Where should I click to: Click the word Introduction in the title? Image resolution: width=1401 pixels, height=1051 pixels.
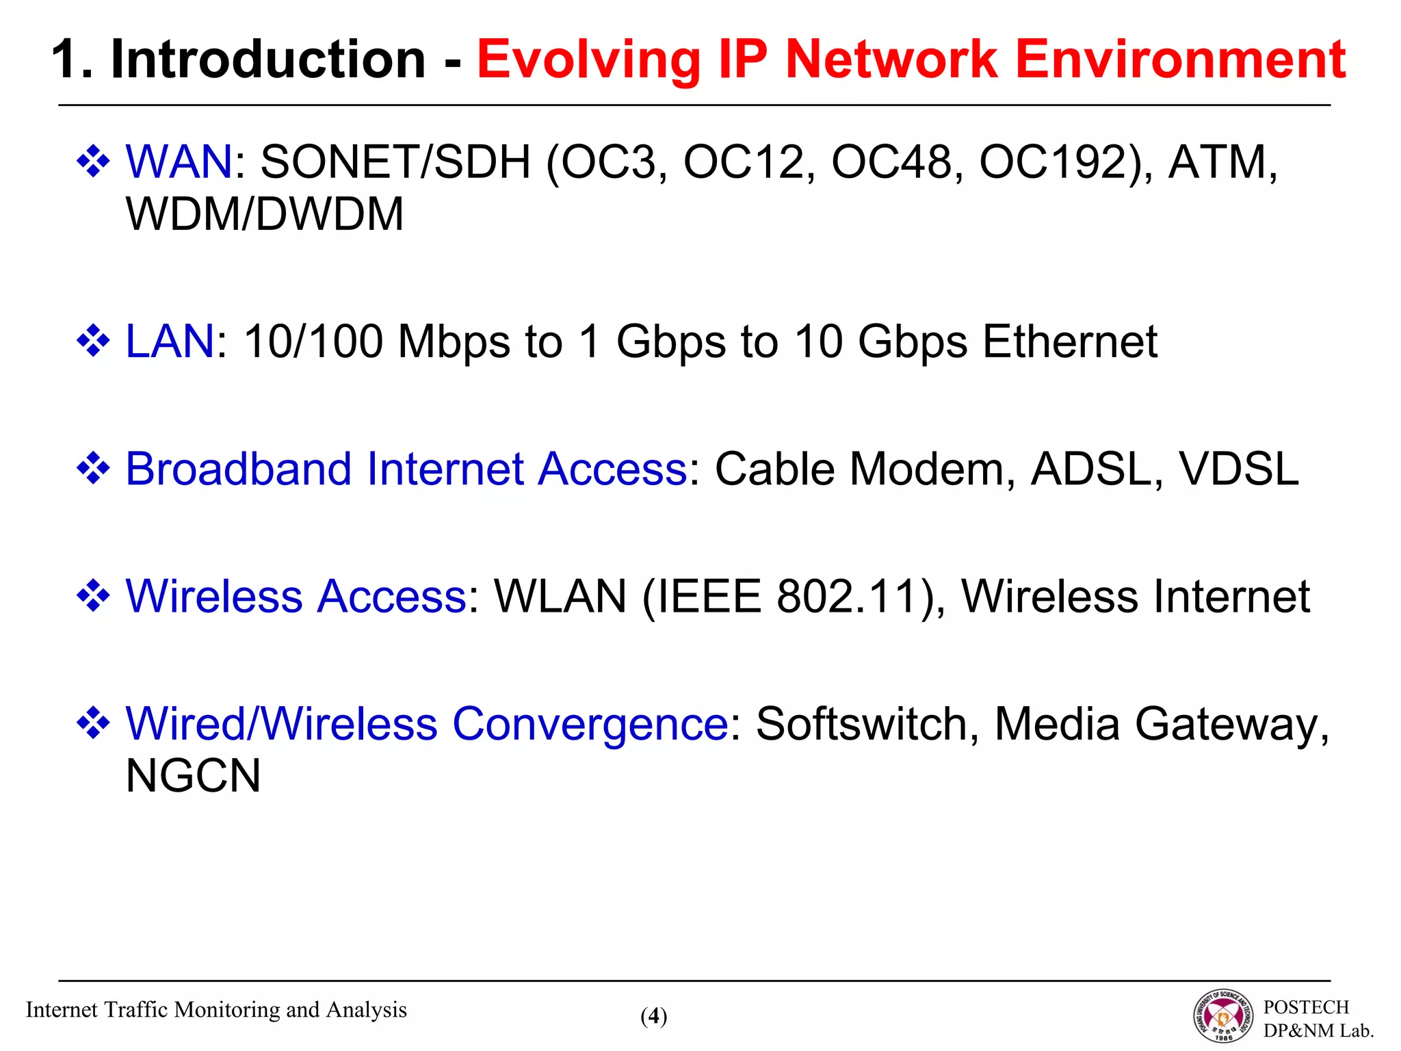click(268, 60)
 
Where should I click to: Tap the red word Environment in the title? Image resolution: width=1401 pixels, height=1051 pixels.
click(1181, 60)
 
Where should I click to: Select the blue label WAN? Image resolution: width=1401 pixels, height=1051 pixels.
click(179, 162)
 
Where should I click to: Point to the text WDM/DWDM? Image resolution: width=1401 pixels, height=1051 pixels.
click(265, 214)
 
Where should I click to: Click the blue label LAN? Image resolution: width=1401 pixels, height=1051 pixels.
click(170, 341)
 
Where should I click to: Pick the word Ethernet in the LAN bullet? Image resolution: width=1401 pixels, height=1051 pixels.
click(1070, 341)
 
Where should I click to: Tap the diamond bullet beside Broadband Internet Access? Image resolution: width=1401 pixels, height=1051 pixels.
click(93, 469)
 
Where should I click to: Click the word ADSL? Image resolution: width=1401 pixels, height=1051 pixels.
click(1090, 469)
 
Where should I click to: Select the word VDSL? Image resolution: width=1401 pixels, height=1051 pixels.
click(1238, 469)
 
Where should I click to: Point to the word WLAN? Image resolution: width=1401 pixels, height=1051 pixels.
click(560, 596)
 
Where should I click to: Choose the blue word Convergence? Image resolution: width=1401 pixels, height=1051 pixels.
click(590, 724)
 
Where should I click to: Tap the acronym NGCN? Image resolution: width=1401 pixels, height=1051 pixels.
click(194, 776)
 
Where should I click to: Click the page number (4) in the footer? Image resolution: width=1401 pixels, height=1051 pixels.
click(654, 1016)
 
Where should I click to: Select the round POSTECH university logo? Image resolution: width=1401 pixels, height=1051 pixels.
click(1224, 1017)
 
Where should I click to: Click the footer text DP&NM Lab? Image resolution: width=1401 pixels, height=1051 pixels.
click(1318, 1030)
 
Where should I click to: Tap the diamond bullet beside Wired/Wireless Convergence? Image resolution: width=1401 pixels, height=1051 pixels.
click(93, 723)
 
